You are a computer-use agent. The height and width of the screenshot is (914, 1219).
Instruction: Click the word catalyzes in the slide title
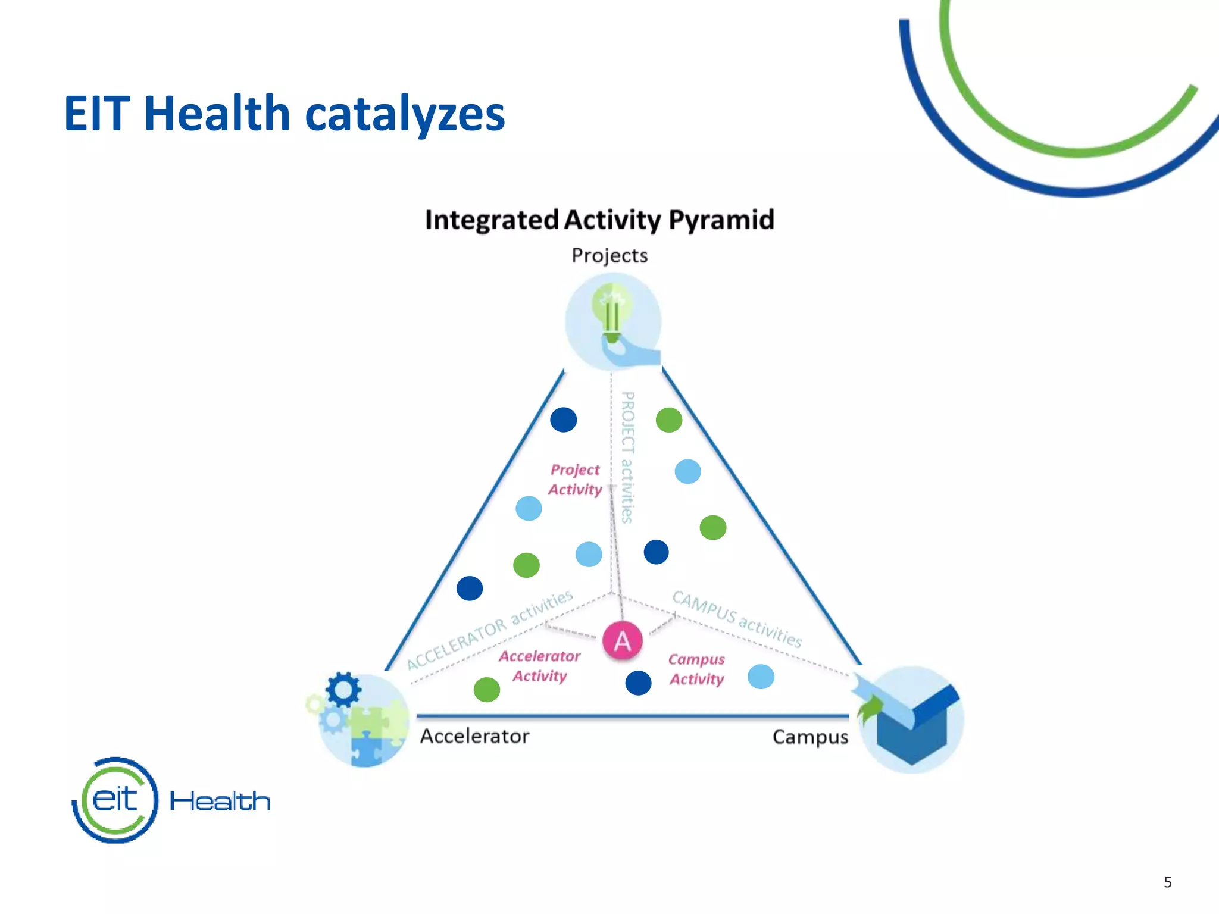coord(405,114)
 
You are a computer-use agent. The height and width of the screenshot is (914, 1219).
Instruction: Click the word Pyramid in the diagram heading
coord(721,220)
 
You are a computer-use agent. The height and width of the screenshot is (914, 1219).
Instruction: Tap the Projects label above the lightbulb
coord(609,255)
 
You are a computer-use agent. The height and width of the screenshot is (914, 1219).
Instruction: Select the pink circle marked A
coord(622,641)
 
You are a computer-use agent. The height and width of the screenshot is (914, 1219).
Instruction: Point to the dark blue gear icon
coord(343,690)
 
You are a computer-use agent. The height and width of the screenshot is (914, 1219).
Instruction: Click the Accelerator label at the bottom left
coord(474,736)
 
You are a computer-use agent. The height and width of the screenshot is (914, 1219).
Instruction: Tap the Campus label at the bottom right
coord(810,737)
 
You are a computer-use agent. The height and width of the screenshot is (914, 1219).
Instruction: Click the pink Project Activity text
coord(575,480)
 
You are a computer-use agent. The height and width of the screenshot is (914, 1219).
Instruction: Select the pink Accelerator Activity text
coord(539,666)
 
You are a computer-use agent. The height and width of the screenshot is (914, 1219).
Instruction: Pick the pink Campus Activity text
coord(696,669)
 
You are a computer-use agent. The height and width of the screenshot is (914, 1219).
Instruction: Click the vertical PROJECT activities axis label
coord(627,457)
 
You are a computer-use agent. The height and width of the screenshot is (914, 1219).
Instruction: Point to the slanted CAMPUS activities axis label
coord(737,618)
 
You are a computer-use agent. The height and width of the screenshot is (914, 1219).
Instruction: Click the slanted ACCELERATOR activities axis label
coord(489,630)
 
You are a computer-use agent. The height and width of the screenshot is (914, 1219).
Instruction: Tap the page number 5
coord(1167,882)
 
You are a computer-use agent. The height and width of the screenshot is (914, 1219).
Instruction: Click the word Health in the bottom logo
coord(220,801)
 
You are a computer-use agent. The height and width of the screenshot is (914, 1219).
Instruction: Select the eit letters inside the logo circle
coord(115,799)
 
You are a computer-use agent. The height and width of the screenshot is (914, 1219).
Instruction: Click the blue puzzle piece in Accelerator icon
coord(365,747)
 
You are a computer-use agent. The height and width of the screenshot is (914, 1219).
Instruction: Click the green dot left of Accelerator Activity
coord(486,690)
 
